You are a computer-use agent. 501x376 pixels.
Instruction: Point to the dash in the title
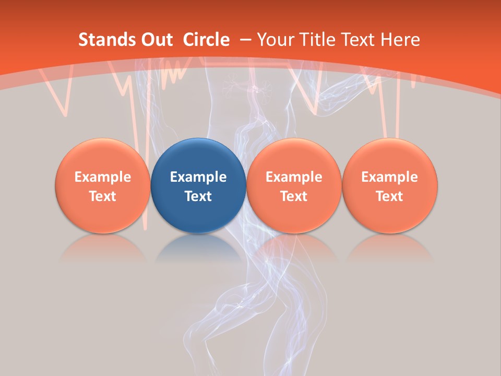pos(245,40)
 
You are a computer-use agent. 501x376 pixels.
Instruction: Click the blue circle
pos(198,185)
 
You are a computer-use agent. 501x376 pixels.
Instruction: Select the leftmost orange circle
pos(102,185)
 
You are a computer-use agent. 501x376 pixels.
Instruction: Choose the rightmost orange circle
pos(389,185)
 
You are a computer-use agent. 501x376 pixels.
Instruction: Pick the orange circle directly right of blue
pos(294,185)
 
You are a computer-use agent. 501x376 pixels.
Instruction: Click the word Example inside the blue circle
pos(198,177)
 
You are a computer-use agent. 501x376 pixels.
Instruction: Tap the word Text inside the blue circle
pos(198,196)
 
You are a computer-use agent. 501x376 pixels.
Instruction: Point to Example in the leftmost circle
pos(102,177)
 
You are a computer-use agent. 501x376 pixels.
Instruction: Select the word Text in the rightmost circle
pos(389,196)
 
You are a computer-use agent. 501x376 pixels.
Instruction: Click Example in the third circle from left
pos(294,177)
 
